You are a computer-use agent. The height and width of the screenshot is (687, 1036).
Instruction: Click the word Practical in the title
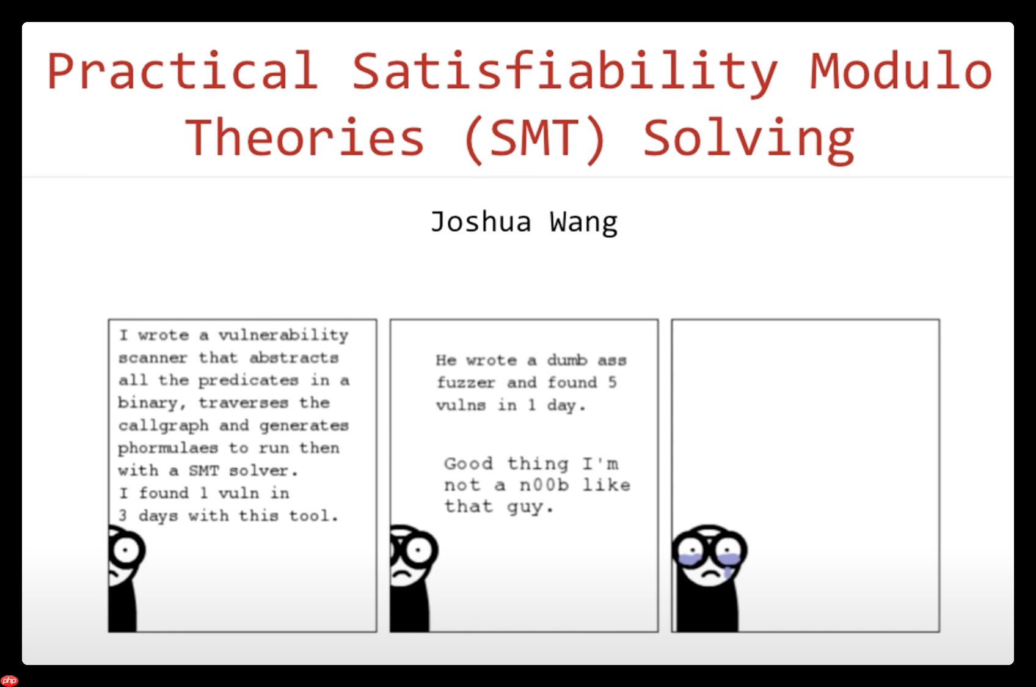pyautogui.click(x=182, y=72)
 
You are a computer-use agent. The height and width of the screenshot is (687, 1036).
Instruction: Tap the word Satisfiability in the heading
pyautogui.click(x=564, y=72)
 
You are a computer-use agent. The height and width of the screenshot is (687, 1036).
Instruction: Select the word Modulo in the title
pyautogui.click(x=900, y=72)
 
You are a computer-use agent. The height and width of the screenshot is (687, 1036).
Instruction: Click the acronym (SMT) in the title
pyautogui.click(x=534, y=138)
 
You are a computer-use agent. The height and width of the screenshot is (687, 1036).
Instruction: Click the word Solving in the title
pyautogui.click(x=748, y=138)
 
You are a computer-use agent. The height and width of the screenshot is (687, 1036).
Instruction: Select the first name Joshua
pyautogui.click(x=481, y=221)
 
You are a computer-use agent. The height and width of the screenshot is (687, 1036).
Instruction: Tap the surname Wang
pyautogui.click(x=583, y=222)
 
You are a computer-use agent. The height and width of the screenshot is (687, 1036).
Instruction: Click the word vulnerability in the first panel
pyautogui.click(x=283, y=336)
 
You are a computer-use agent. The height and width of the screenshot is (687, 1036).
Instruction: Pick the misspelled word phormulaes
pyautogui.click(x=168, y=448)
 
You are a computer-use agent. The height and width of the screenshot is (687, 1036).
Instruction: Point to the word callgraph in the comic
pyautogui.click(x=163, y=425)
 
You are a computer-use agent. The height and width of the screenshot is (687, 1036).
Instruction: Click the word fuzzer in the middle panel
pyautogui.click(x=465, y=383)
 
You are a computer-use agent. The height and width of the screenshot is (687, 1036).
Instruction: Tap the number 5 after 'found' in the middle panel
pyautogui.click(x=612, y=383)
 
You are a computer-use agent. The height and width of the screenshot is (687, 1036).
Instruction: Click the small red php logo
pyautogui.click(x=9, y=680)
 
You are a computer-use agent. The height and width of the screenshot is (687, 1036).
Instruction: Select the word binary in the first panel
pyautogui.click(x=147, y=403)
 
